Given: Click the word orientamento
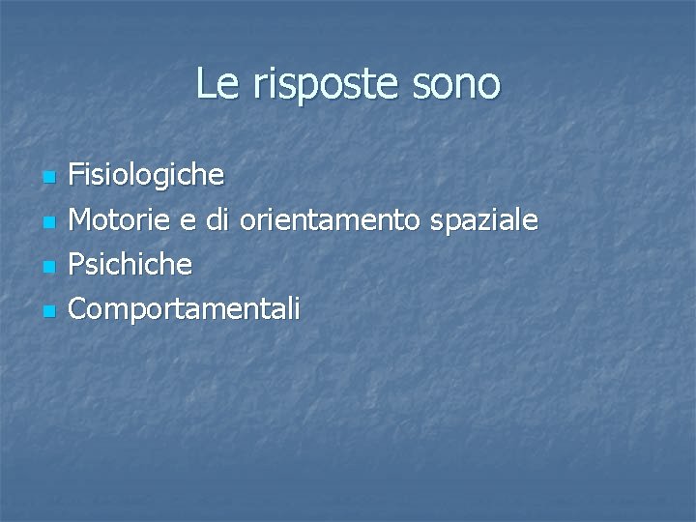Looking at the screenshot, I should (x=329, y=220).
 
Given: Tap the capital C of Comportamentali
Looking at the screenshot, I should (x=79, y=308).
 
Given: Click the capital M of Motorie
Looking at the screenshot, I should (x=81, y=220).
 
